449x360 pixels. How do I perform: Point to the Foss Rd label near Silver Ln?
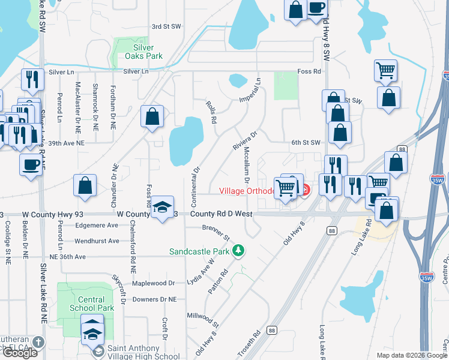click(309, 71)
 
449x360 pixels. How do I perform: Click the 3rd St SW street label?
click(166, 26)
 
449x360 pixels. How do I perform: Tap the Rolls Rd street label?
click(211, 112)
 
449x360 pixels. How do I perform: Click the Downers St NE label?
click(155, 299)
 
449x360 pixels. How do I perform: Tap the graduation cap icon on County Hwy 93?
click(162, 207)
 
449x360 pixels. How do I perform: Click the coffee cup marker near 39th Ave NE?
click(30, 164)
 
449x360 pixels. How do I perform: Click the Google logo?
click(19, 353)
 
